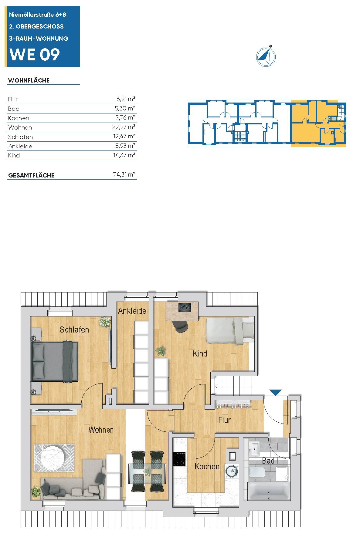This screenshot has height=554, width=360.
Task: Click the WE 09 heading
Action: point(35,55)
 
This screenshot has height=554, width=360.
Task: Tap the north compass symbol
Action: point(266,56)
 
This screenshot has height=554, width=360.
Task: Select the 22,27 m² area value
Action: point(124,127)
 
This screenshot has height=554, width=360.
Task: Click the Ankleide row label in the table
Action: point(20,146)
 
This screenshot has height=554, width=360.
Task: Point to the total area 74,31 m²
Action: point(124,174)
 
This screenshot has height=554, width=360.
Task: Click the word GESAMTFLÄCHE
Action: point(31,175)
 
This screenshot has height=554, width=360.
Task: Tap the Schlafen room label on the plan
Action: point(74,329)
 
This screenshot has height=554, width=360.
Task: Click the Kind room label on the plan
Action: point(200,353)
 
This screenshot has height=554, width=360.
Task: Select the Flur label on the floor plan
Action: point(225,420)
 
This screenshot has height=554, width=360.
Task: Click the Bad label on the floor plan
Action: point(268,461)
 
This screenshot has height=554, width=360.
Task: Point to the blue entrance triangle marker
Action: point(276,392)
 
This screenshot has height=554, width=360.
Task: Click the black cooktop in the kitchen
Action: point(179,459)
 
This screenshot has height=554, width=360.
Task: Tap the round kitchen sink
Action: point(232,471)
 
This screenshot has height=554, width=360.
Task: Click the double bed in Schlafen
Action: point(55,361)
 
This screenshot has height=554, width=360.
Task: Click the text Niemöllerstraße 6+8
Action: point(38,15)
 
